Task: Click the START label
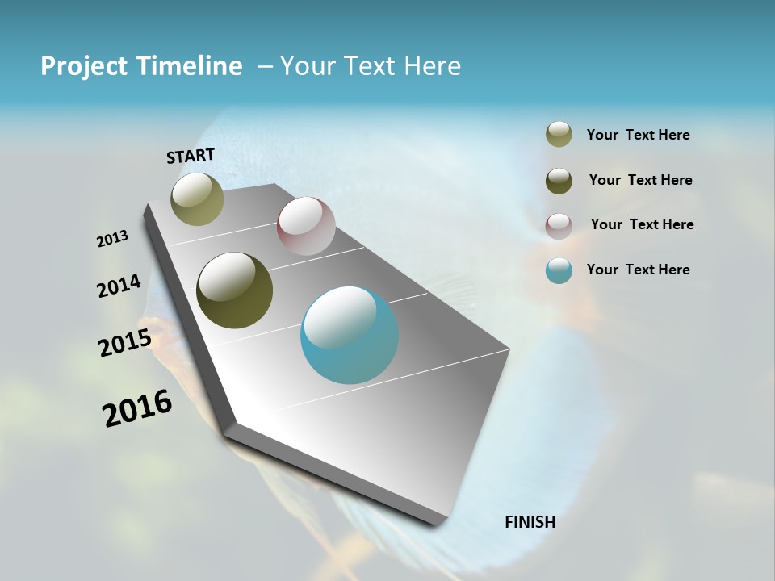pyautogui.click(x=191, y=156)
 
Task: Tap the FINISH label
pyautogui.click(x=530, y=522)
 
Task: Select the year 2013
pyautogui.click(x=112, y=239)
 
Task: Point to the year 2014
pyautogui.click(x=119, y=286)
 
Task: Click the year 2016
pyautogui.click(x=137, y=408)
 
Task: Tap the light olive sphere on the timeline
pyautogui.click(x=197, y=199)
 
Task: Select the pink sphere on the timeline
pyautogui.click(x=306, y=226)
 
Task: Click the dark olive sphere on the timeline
pyautogui.click(x=234, y=290)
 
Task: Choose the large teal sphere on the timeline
pyautogui.click(x=350, y=335)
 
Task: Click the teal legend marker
pyautogui.click(x=559, y=270)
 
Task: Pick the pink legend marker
pyautogui.click(x=559, y=226)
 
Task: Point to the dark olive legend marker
pyautogui.click(x=559, y=181)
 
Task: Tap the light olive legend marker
pyautogui.click(x=559, y=135)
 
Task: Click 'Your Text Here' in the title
pyautogui.click(x=371, y=66)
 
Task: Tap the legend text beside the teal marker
pyautogui.click(x=638, y=270)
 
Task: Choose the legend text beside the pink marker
pyautogui.click(x=642, y=224)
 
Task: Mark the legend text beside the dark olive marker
pyautogui.click(x=640, y=180)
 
